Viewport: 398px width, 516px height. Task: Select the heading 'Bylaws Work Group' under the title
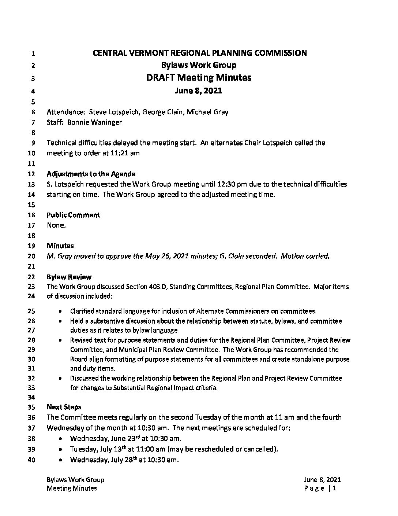click(x=199, y=65)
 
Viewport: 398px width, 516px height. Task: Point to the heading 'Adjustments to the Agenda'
click(x=91, y=174)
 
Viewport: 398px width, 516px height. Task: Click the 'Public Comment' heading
click(x=73, y=215)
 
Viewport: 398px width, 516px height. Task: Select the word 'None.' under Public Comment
click(x=56, y=225)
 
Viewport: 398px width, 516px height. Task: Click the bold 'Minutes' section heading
click(x=60, y=246)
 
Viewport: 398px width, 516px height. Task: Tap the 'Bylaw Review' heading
click(x=69, y=277)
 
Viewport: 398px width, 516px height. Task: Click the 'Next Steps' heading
click(x=64, y=407)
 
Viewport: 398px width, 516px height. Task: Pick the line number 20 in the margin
click(x=31, y=257)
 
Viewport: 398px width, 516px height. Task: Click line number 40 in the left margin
click(x=31, y=460)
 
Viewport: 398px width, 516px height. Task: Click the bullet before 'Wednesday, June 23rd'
click(x=60, y=439)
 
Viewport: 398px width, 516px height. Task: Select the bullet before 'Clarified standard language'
click(x=60, y=312)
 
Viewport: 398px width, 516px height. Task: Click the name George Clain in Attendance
click(x=162, y=112)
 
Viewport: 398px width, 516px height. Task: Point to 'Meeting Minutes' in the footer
click(x=72, y=488)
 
